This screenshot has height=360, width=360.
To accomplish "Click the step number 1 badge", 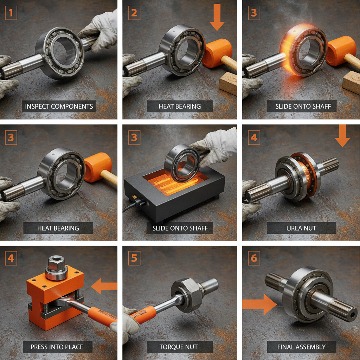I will pos(11,13).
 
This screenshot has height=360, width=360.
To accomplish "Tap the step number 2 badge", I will pos(134,13).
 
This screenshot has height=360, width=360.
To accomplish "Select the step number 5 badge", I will pos(134,258).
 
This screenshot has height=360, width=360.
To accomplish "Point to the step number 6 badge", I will pos(254,258).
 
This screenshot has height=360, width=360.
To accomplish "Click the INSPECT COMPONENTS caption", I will pos(59,106).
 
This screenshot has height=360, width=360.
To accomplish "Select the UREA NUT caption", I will pos(301,228).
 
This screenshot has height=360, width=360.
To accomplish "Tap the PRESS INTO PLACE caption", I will pos(57,347).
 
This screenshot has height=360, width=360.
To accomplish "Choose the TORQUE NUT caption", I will pos(179,347).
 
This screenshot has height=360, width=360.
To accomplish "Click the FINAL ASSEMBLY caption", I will pos(301,347).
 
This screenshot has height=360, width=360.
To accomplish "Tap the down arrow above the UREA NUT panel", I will pos(342,137).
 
